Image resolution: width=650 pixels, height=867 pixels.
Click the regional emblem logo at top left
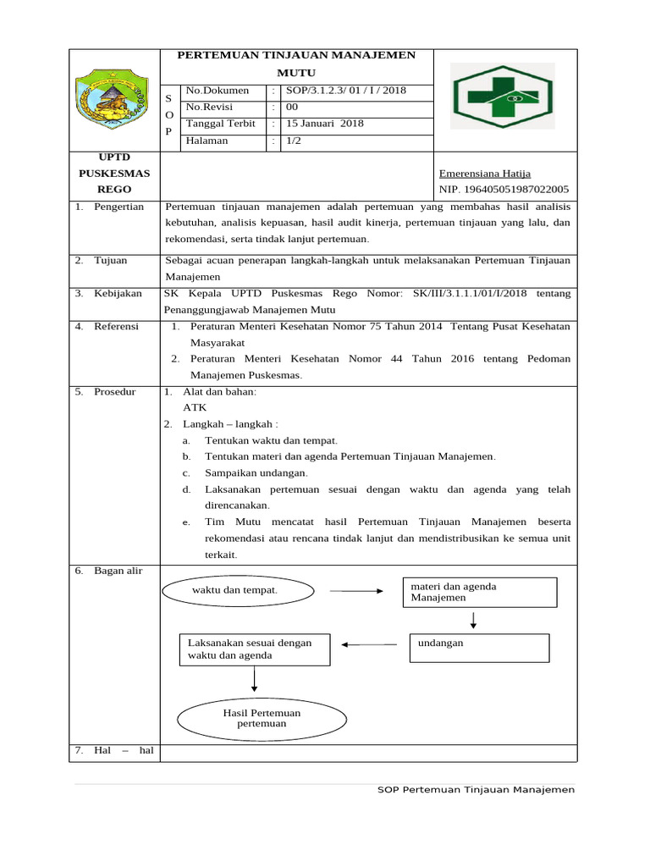coord(114,100)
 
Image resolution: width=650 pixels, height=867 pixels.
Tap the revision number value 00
coord(291,108)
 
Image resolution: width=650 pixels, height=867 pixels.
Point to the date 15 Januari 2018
coord(324,124)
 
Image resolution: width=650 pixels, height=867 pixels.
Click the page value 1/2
coord(293,141)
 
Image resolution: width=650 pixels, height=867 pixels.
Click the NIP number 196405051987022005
coord(504,190)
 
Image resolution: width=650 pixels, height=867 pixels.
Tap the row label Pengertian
coord(118,207)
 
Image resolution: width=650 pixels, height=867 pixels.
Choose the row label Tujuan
coord(110,260)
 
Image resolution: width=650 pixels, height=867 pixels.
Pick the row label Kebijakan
coord(118,293)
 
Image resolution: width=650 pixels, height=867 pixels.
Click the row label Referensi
coord(116,326)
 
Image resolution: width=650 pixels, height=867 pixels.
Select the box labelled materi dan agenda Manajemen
coord(480,593)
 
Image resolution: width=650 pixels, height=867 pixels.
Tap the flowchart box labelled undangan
coord(479,648)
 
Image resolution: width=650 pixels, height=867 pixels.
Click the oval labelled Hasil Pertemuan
coord(262,718)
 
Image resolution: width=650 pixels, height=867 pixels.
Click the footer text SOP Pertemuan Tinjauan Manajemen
coord(476,789)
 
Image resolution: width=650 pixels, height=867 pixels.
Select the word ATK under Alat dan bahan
coord(195,407)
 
